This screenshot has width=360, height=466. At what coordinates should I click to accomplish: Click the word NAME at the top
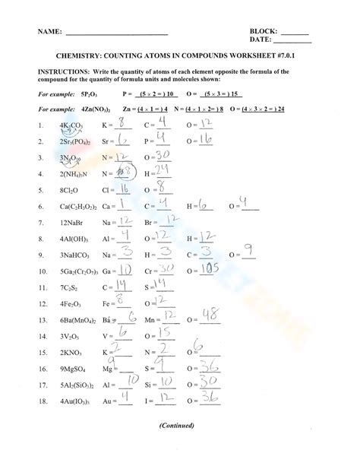[47, 33]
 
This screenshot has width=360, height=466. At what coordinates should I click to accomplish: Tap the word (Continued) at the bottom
[179, 446]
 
